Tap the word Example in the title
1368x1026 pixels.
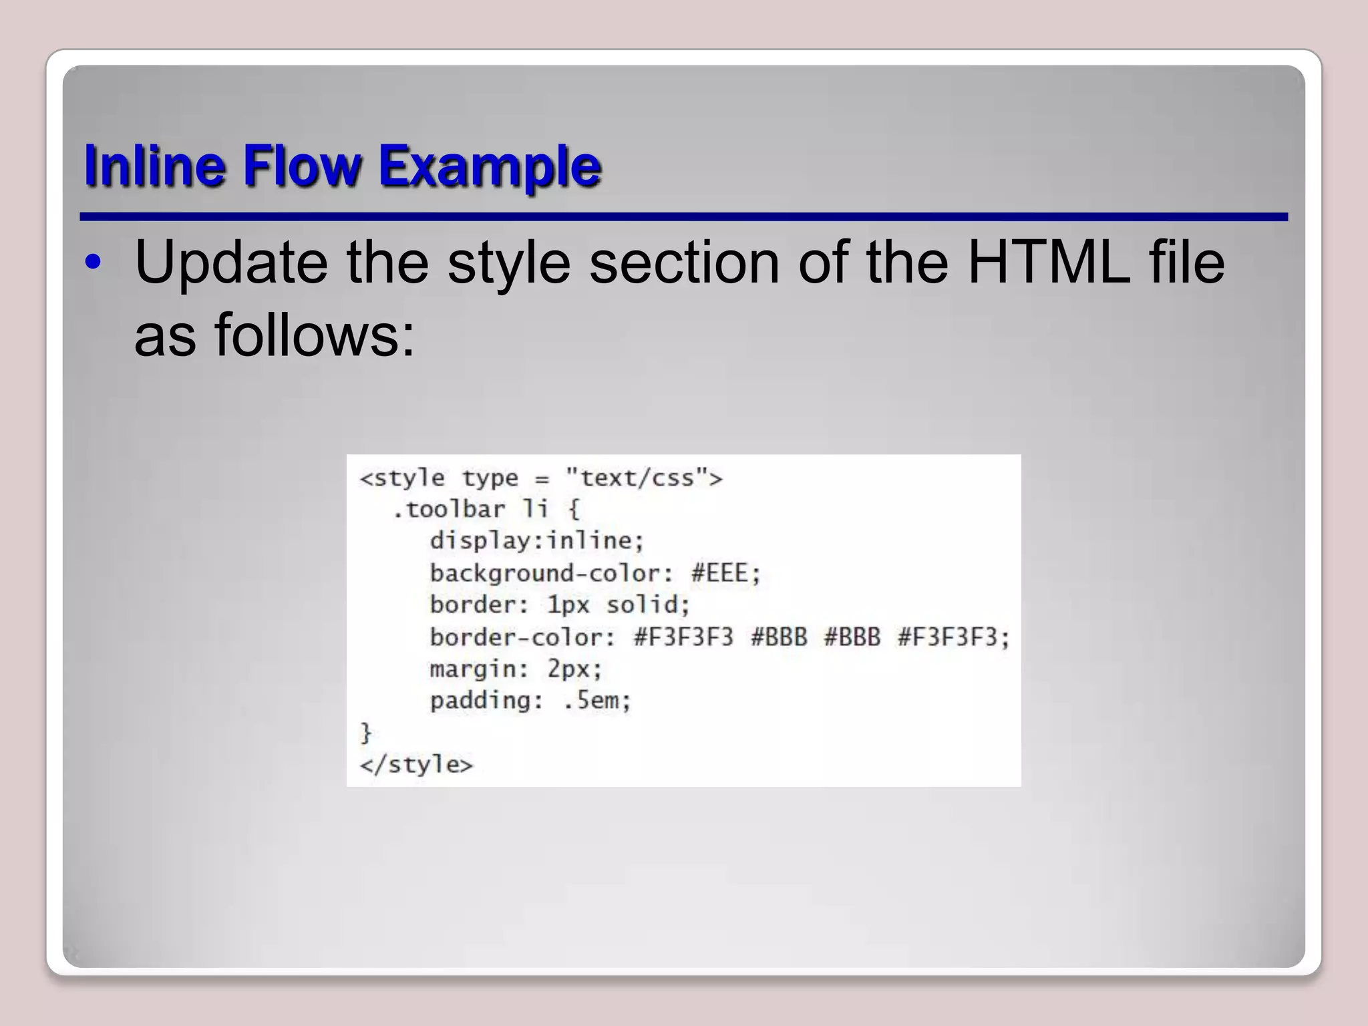pos(490,166)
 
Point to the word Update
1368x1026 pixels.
pos(231,263)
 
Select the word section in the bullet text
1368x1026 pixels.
pos(684,263)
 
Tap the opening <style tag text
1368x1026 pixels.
pos(402,478)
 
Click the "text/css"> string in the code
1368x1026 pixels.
pos(644,478)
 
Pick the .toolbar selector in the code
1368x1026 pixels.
pos(448,510)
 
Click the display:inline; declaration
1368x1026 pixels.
pos(537,540)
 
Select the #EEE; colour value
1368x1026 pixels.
pos(726,573)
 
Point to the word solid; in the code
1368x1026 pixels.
pos(648,605)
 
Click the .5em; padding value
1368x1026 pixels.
pos(597,701)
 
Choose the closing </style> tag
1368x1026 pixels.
pos(416,764)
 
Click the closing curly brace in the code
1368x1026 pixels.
pos(365,733)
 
